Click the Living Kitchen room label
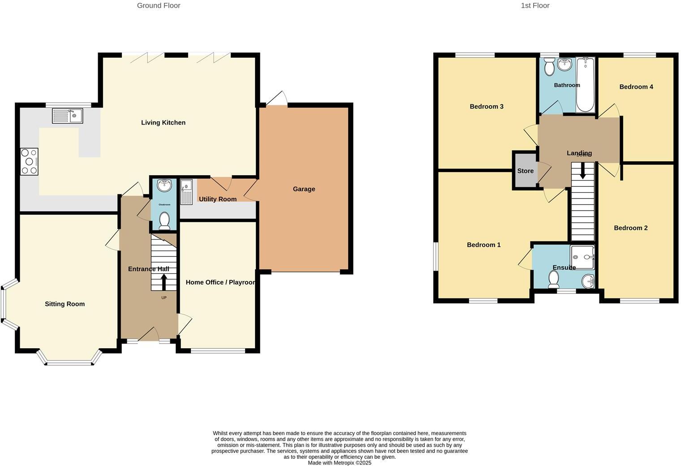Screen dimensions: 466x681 click(163, 122)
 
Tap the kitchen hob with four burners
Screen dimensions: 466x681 click(29, 161)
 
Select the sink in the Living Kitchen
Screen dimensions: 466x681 click(68, 116)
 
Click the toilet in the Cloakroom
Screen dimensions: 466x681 click(164, 220)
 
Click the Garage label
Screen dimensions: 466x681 click(304, 189)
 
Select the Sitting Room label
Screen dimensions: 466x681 click(65, 304)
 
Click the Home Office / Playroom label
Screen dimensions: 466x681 click(220, 282)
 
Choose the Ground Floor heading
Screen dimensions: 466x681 click(159, 5)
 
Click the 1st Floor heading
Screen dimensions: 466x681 click(535, 5)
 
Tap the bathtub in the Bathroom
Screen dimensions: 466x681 click(585, 85)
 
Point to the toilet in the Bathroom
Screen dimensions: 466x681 click(549, 68)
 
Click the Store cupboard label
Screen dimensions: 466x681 click(526, 171)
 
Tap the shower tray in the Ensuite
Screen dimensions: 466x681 click(582, 257)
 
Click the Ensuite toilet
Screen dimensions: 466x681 click(554, 280)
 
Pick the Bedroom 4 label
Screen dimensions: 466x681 click(636, 87)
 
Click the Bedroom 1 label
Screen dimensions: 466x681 click(483, 245)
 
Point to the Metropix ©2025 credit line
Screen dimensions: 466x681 click(340, 463)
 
